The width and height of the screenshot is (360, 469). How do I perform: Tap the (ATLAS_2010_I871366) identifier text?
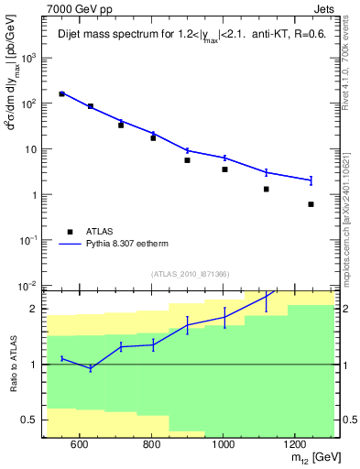click(x=191, y=274)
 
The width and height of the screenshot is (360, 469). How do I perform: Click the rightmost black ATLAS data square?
click(x=311, y=204)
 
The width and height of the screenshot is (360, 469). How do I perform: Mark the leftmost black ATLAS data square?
click(x=61, y=93)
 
